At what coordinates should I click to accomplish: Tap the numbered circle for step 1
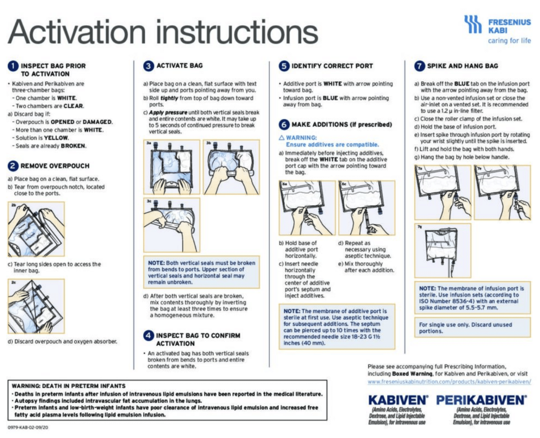[x=13, y=66]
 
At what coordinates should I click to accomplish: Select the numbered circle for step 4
[x=148, y=336]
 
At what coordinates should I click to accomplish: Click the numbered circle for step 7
[x=419, y=66]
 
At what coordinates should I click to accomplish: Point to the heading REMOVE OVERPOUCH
[x=55, y=166]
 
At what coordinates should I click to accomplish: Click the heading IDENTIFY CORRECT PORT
[x=332, y=66]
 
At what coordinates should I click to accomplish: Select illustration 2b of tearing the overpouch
[x=36, y=229]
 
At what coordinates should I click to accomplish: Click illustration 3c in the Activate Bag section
[x=172, y=225]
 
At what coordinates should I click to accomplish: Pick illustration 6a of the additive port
[x=307, y=208]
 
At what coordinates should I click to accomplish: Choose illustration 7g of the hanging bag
[x=443, y=251]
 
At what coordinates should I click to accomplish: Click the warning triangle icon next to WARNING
[x=282, y=138]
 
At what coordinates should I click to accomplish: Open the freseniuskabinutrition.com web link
[x=449, y=382]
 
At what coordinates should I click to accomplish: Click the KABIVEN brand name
[x=398, y=400]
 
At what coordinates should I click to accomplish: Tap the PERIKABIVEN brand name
[x=481, y=400]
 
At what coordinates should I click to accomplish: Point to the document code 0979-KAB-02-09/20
[x=28, y=427]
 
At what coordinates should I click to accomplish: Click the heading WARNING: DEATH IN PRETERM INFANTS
[x=69, y=386]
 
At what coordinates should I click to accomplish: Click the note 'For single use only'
[x=465, y=328]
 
